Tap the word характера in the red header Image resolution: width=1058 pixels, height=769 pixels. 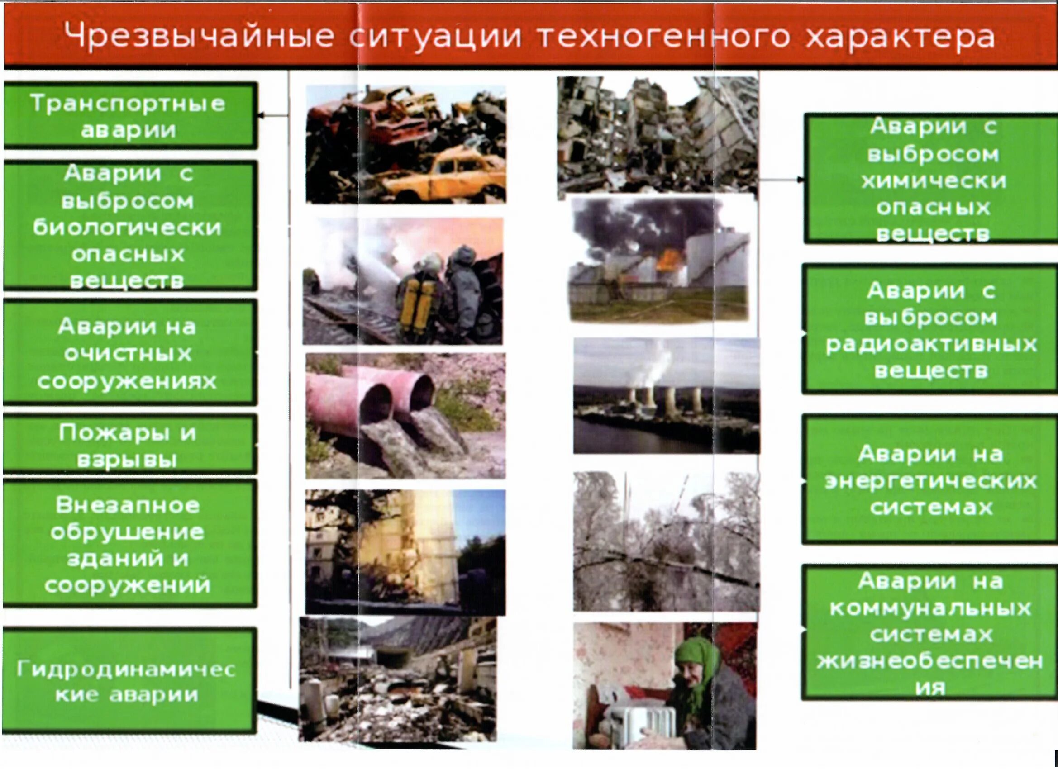[901, 36]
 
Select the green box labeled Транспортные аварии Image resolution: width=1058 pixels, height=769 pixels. [129, 116]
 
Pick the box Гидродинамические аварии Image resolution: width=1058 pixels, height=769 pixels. [129, 681]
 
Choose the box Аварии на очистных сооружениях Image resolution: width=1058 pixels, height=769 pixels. [129, 353]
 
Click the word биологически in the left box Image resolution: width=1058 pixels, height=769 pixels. [127, 228]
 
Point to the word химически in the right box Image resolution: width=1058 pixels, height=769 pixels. [934, 180]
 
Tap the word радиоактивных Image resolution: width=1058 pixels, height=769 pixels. [931, 345]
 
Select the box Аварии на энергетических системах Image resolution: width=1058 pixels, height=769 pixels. [930, 480]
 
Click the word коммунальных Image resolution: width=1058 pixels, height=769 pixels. [930, 608]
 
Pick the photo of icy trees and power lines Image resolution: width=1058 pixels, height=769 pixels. [666, 541]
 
